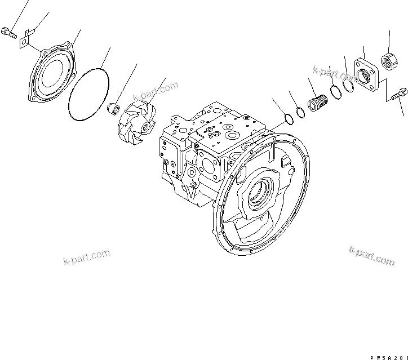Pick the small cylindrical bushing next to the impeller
point(114,106)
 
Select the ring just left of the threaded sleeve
point(301,113)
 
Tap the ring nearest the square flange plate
point(348,85)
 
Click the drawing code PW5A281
point(385,353)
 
